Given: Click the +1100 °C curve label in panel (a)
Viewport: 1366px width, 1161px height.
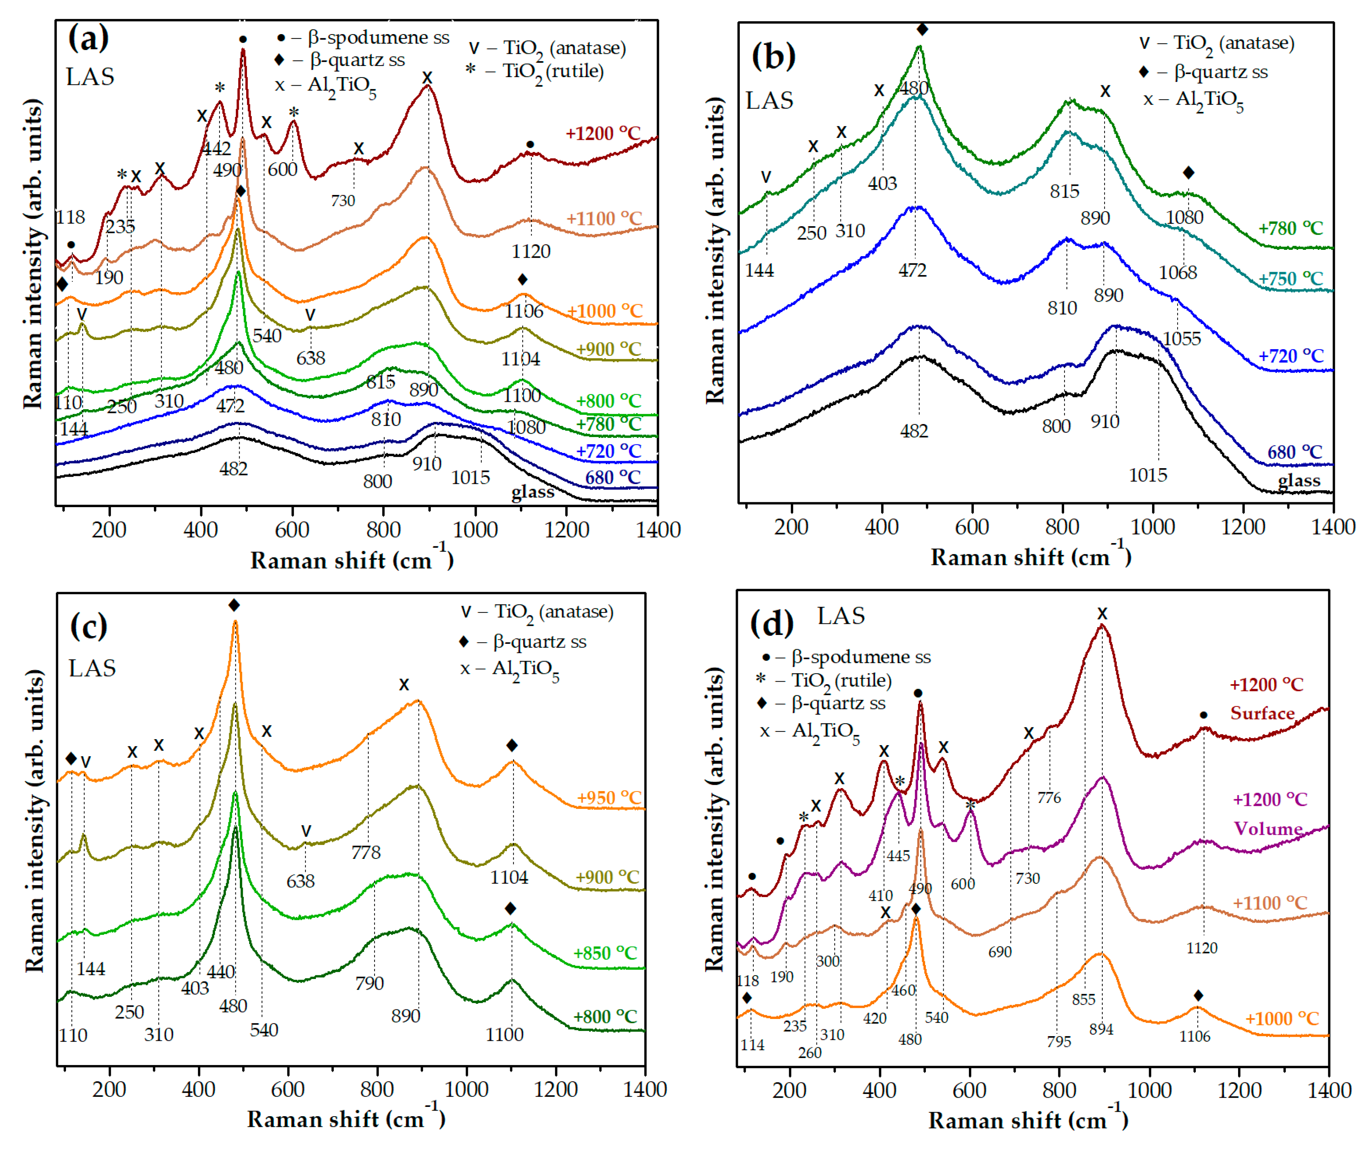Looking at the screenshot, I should [603, 218].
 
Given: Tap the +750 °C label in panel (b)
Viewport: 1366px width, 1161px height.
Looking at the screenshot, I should [1290, 278].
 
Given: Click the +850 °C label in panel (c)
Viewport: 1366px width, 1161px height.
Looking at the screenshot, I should [604, 952].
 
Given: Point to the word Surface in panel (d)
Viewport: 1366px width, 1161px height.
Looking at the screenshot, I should [1262, 713].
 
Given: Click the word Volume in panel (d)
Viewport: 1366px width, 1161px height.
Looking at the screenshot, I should [1268, 828].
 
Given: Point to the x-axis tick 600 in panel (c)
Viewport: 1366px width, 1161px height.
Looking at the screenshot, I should [288, 1089].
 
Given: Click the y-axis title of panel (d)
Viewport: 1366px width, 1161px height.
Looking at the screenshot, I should [714, 820].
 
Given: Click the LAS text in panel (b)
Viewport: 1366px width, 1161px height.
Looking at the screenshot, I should [769, 101].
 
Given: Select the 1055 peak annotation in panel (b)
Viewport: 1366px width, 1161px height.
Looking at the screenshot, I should [1182, 338].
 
